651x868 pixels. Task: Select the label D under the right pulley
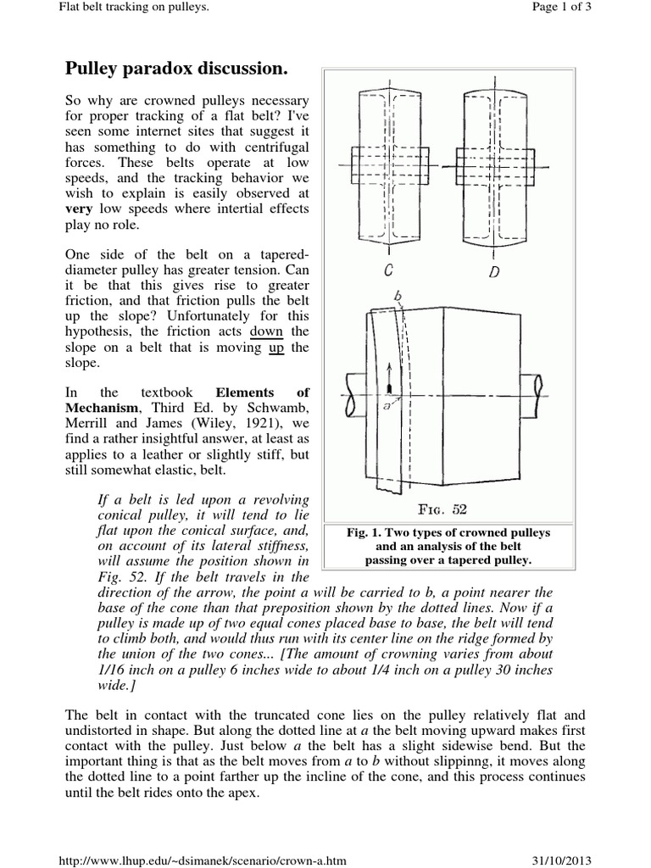click(495, 271)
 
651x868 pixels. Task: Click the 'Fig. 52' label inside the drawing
click(448, 510)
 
